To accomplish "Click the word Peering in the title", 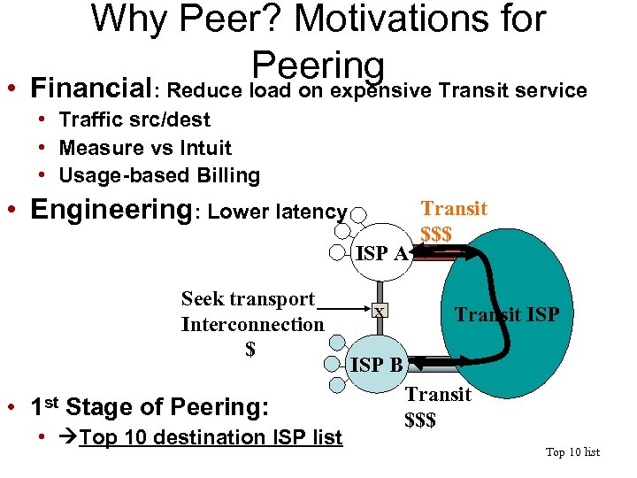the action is click(x=318, y=64).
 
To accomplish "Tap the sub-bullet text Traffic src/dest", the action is click(x=134, y=119).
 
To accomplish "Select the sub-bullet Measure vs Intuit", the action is click(x=144, y=148).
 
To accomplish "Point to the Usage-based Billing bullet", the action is click(x=159, y=175).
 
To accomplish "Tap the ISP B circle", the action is click(x=378, y=364).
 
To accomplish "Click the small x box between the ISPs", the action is click(x=379, y=312).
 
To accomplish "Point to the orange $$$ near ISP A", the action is click(x=436, y=235).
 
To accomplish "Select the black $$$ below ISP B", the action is click(x=420, y=420).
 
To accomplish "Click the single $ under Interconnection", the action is click(x=250, y=349).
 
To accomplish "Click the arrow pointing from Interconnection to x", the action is click(x=349, y=311).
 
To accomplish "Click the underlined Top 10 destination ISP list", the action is click(x=210, y=437).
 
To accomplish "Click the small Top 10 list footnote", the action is click(x=572, y=452).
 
